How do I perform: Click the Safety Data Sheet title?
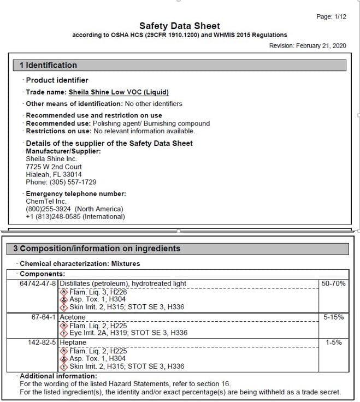coord(180,26)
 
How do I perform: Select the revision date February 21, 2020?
coord(322,46)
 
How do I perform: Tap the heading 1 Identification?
coord(49,66)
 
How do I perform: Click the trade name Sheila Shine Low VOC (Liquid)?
coord(119,92)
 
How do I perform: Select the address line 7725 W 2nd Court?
coord(54,167)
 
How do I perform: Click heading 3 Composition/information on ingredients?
coord(97,249)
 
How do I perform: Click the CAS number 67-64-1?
coord(43,317)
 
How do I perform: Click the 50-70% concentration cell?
coord(334,283)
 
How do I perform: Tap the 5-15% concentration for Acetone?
coord(334,317)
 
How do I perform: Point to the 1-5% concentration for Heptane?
coord(334,342)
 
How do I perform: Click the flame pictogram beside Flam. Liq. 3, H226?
coord(64,292)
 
